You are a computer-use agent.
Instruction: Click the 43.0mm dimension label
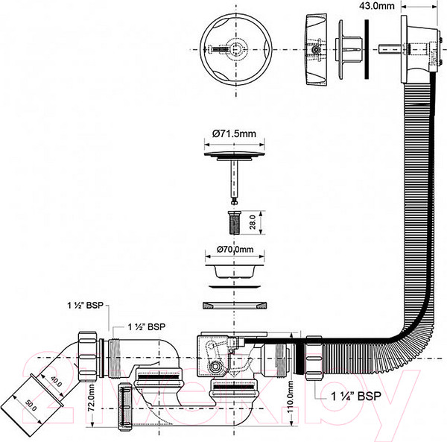(376, 6)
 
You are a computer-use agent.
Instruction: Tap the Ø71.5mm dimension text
(234, 133)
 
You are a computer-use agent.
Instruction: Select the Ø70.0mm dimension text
(235, 249)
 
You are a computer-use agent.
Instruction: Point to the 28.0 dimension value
(253, 222)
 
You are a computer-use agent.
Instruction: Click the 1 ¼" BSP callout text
(356, 396)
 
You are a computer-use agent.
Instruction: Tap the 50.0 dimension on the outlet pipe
(31, 405)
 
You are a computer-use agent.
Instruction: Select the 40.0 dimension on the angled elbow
(56, 382)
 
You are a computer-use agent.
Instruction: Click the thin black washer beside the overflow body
(367, 49)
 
